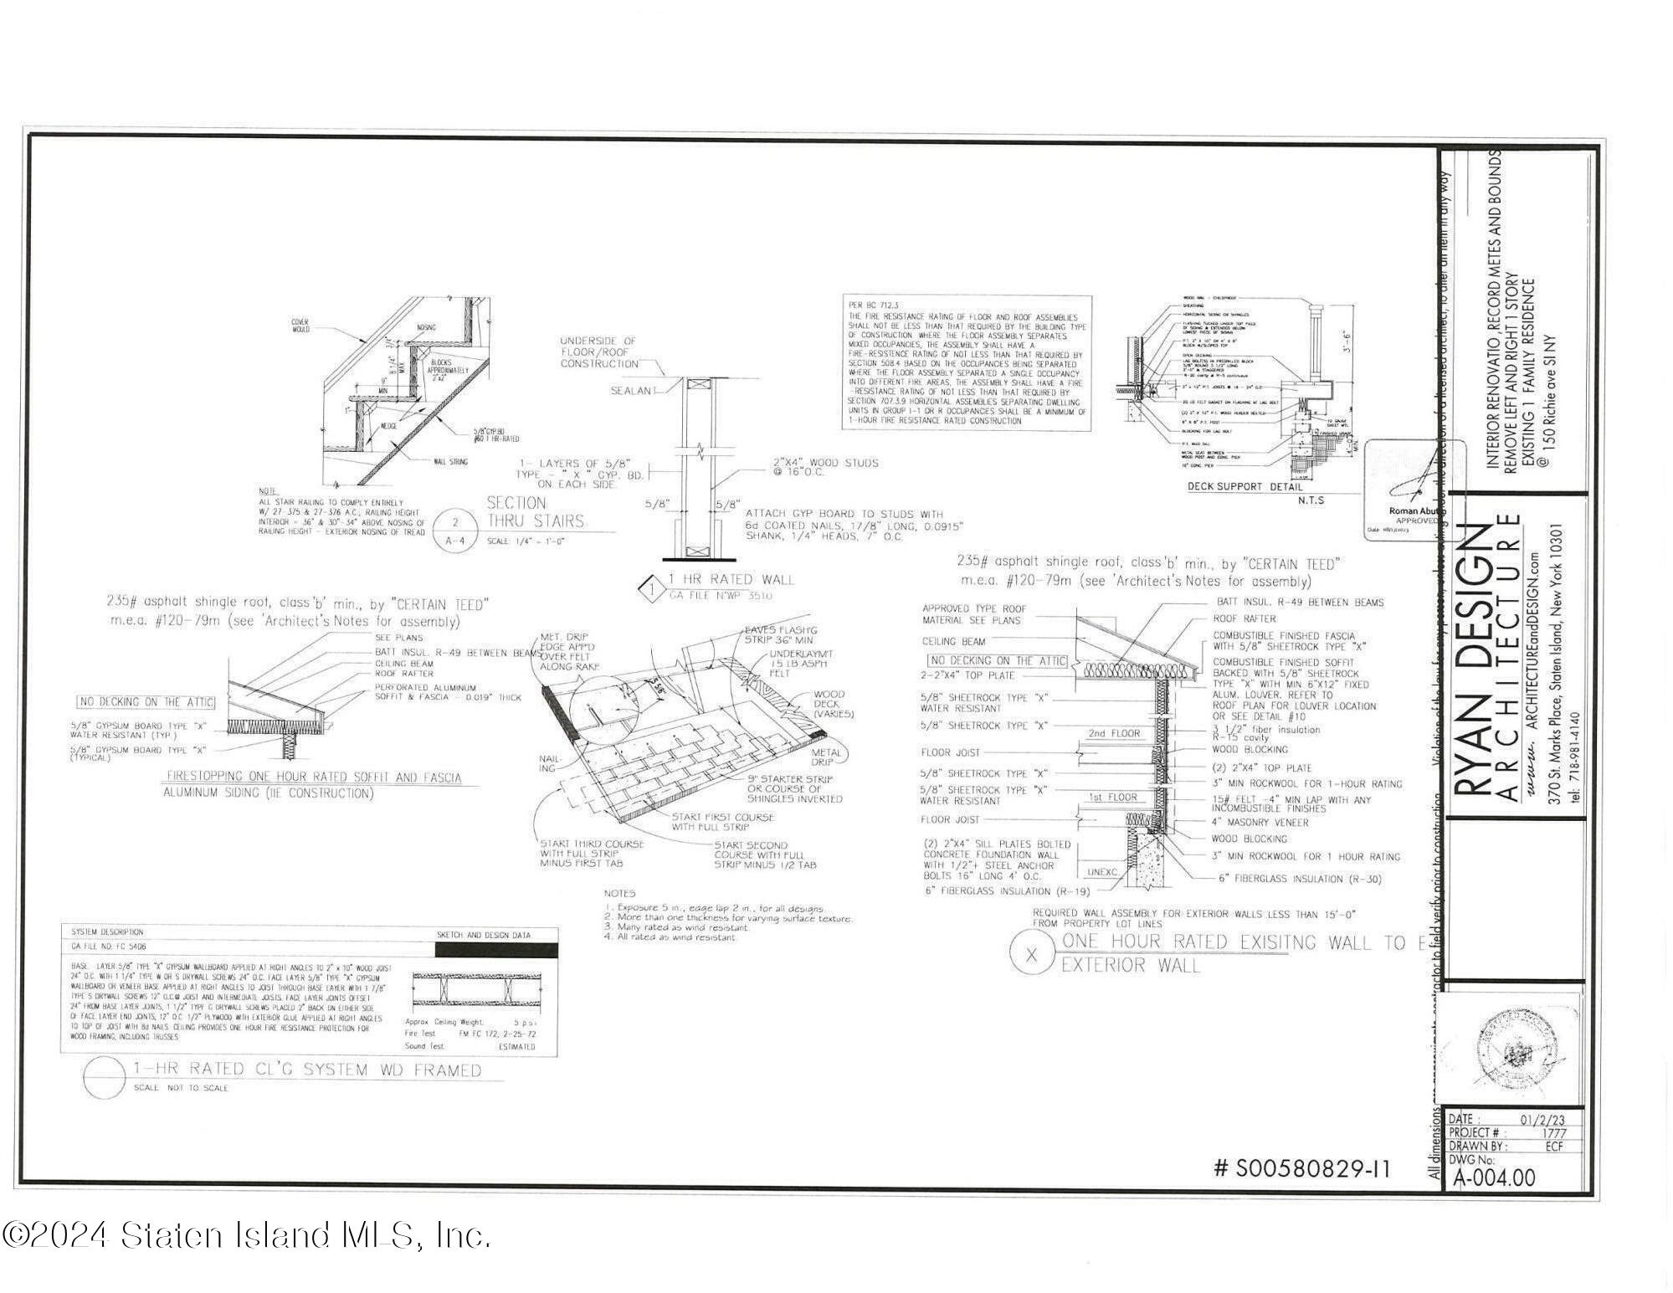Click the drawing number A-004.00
(1495, 1178)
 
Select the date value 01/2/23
(1541, 1120)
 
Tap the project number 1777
(1552, 1132)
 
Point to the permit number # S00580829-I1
(1301, 1168)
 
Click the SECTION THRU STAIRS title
(536, 512)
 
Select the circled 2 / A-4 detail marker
(455, 531)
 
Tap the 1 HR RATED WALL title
(730, 579)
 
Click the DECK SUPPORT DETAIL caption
(1244, 486)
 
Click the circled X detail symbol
(1030, 955)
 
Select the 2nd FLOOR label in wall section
(1114, 733)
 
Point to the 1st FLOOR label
(1112, 798)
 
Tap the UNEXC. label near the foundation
(1102, 871)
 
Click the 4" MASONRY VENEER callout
(1260, 823)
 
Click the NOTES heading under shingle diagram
(619, 893)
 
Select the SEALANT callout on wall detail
(632, 391)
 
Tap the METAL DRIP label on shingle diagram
(827, 757)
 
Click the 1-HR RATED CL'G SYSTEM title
(307, 1070)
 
